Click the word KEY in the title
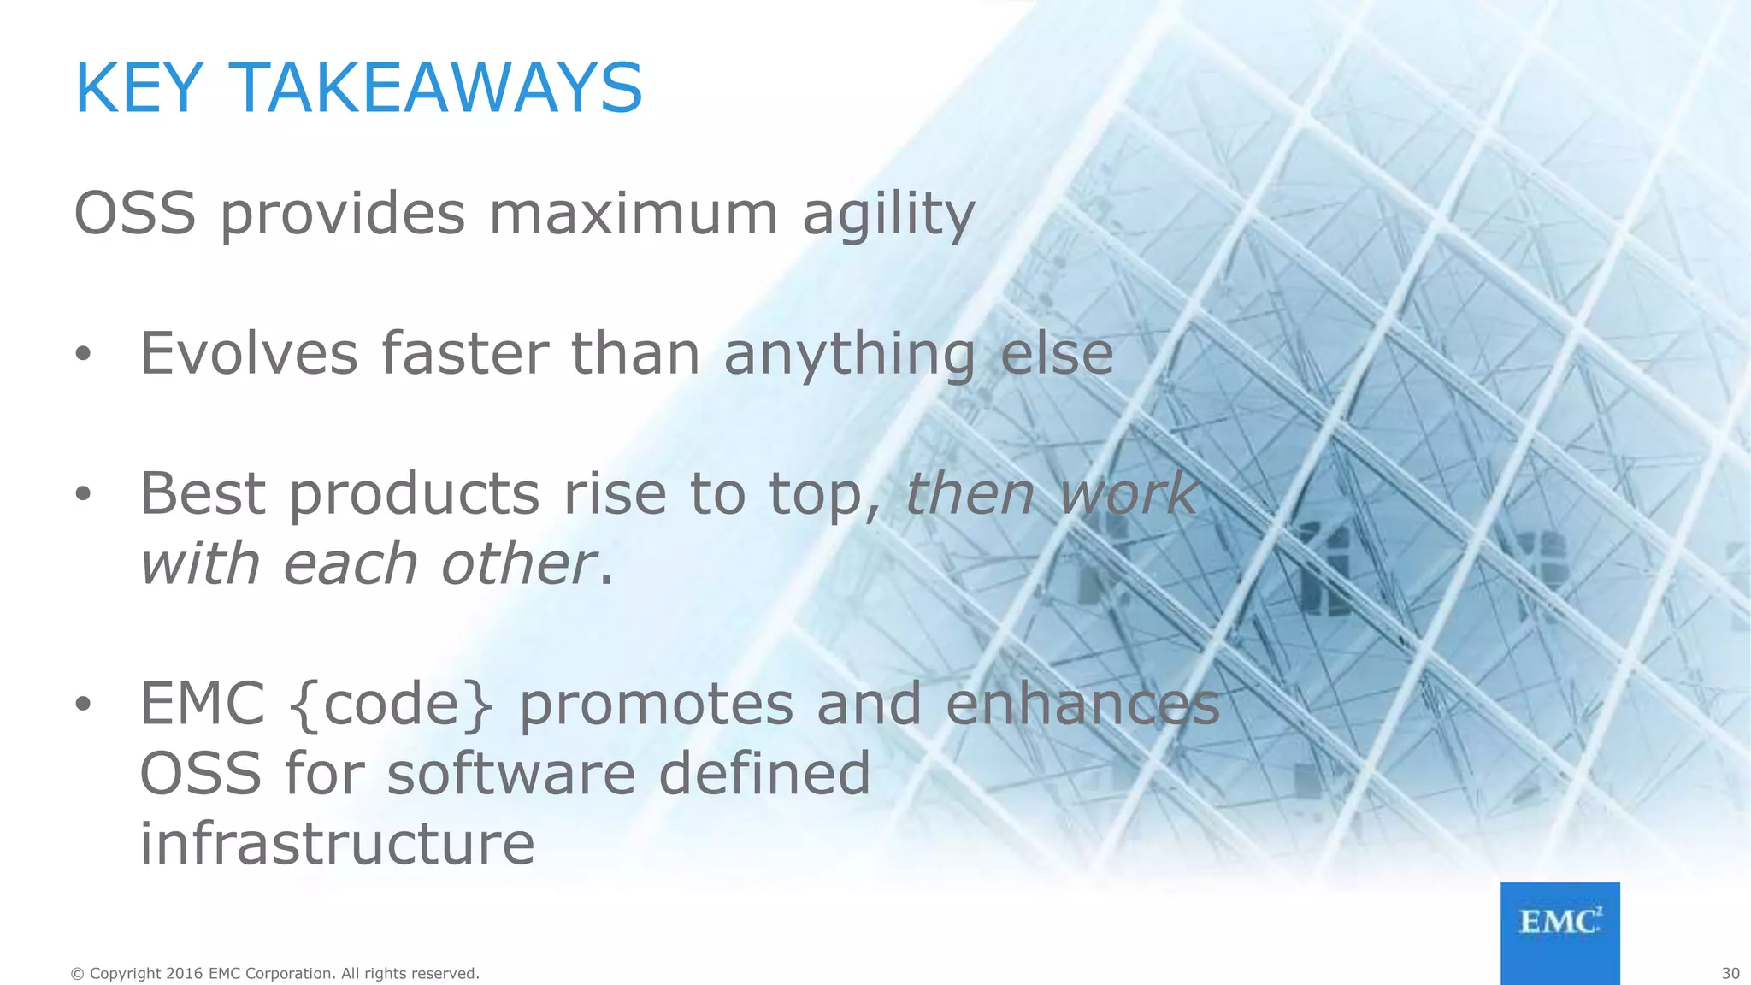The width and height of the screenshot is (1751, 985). pyautogui.click(x=139, y=88)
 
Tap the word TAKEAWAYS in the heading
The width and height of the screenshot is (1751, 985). pyautogui.click(x=436, y=88)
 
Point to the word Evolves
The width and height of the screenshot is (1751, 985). pyautogui.click(x=249, y=353)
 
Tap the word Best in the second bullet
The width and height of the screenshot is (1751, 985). pyautogui.click(x=203, y=493)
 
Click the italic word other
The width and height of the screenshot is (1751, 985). pyautogui.click(x=517, y=564)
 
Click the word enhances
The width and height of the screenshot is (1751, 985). pyautogui.click(x=1082, y=705)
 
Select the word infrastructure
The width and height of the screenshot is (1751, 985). pyautogui.click(x=337, y=844)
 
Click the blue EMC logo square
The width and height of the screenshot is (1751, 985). pyautogui.click(x=1559, y=933)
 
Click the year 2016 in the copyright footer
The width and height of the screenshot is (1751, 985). pyautogui.click(x=184, y=974)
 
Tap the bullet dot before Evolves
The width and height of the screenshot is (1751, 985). pyautogui.click(x=82, y=355)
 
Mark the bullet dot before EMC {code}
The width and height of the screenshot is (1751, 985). pyautogui.click(x=82, y=705)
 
